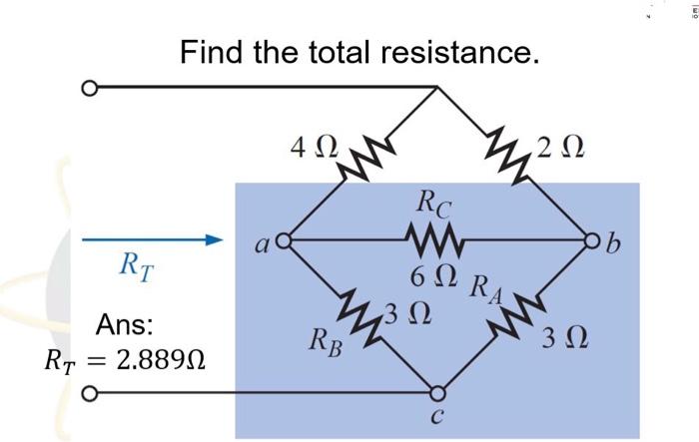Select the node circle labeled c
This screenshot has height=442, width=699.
click(x=435, y=394)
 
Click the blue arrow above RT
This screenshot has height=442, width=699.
click(x=150, y=240)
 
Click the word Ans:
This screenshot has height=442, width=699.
click(x=124, y=325)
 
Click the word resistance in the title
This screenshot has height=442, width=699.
click(x=456, y=51)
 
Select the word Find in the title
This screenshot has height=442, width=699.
click(x=213, y=51)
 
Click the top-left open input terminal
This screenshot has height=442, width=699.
click(x=89, y=88)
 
